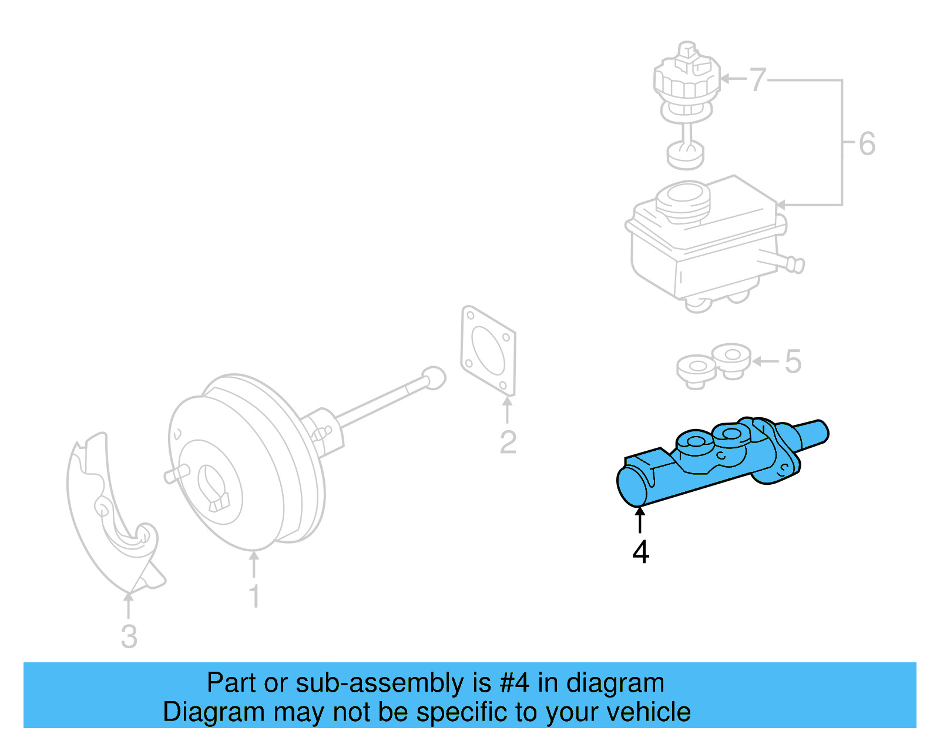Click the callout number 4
pyautogui.click(x=640, y=552)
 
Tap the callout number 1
pyautogui.click(x=254, y=596)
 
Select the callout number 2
pyautogui.click(x=508, y=442)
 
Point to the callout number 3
pyautogui.click(x=129, y=636)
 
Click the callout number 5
pyautogui.click(x=793, y=361)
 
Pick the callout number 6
pyautogui.click(x=867, y=144)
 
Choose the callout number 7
pyautogui.click(x=758, y=79)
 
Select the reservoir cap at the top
pyautogui.click(x=686, y=82)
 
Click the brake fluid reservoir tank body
pyautogui.click(x=705, y=247)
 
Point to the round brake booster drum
pyautogui.click(x=247, y=464)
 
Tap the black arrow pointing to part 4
pyautogui.click(x=640, y=520)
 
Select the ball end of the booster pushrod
pyautogui.click(x=434, y=377)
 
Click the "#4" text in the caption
pyautogui.click(x=514, y=683)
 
